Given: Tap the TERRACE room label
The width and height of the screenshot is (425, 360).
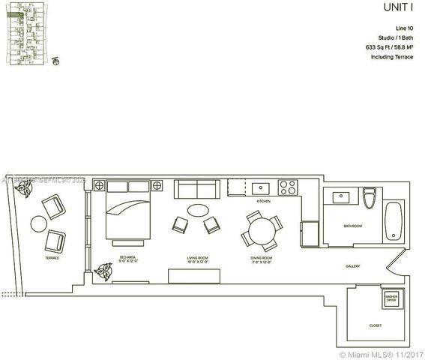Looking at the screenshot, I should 52,257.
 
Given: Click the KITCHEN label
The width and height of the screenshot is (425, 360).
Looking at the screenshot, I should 263,202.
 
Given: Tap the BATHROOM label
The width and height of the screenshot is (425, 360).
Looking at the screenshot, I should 353,225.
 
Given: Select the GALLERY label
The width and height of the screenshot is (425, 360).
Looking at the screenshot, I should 353,266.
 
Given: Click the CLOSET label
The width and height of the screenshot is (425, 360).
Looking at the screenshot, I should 376,325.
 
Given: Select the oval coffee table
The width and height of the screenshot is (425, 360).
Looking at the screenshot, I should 199,211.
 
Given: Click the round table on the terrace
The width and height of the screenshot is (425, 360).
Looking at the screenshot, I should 37,223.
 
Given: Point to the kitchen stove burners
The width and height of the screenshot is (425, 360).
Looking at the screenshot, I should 288,187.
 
